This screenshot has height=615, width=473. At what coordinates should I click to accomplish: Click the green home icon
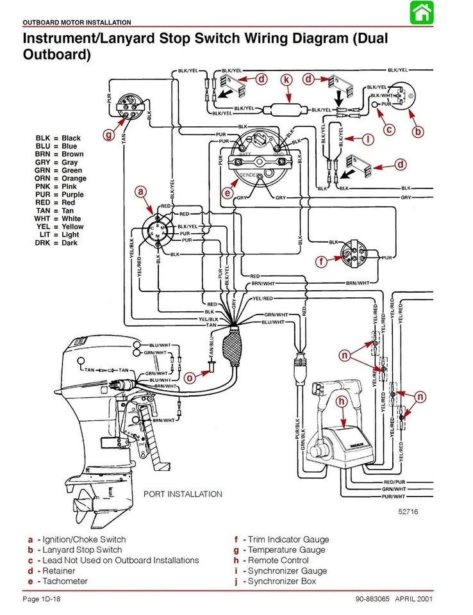[x=420, y=13]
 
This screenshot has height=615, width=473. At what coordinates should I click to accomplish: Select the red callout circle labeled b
[x=418, y=132]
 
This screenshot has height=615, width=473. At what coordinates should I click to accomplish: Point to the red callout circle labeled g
[x=108, y=135]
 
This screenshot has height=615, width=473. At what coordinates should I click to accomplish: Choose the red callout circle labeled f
[x=321, y=261]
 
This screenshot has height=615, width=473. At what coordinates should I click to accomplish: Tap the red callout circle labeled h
[x=342, y=401]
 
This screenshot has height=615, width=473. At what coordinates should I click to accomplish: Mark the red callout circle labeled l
[x=368, y=138]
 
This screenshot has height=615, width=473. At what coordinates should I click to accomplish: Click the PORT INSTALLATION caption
[x=183, y=494]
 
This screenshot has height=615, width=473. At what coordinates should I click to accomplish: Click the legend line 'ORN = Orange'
[x=61, y=179]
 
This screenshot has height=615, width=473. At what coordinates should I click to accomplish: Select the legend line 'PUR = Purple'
[x=60, y=195]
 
